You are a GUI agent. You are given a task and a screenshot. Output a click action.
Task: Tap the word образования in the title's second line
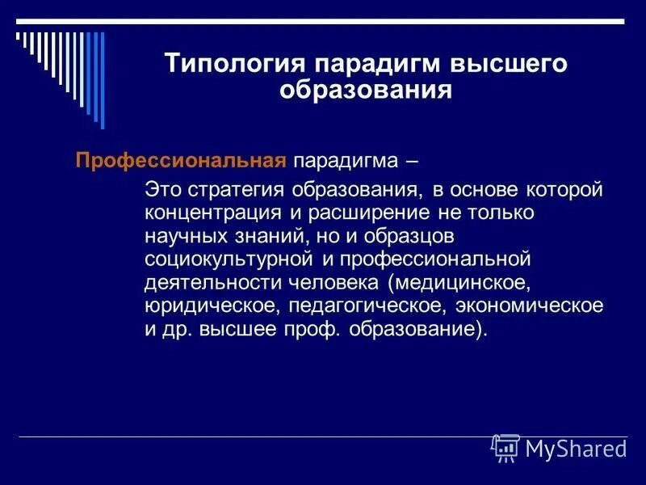pyautogui.click(x=365, y=89)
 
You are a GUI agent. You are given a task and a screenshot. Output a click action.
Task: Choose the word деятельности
pyautogui.click(x=202, y=283)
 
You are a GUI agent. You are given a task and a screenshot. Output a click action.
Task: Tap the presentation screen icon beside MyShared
pyautogui.click(x=505, y=447)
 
